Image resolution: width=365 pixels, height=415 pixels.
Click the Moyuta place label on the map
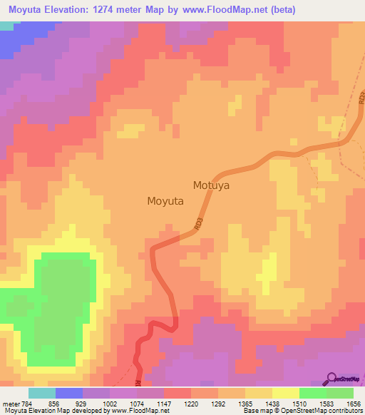click(165, 201)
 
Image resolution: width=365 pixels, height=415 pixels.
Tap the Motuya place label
click(215, 185)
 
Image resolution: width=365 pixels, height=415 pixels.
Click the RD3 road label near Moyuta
click(199, 224)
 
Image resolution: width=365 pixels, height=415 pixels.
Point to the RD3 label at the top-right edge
click(361, 95)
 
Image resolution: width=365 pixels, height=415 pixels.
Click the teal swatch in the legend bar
click(42, 393)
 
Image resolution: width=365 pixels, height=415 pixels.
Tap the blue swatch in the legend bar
click(69, 393)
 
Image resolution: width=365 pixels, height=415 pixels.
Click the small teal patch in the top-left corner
click(6, 26)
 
